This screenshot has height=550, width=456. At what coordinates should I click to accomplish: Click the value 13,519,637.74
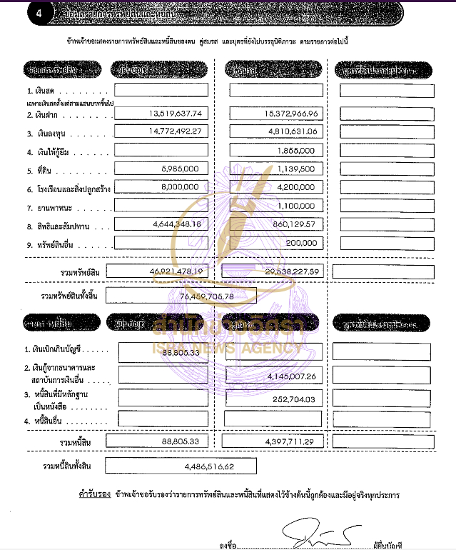[176, 114]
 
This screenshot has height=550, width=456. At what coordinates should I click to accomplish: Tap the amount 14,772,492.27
[176, 131]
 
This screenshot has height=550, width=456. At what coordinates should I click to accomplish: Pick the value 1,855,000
[298, 151]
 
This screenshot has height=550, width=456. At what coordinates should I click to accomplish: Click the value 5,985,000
[185, 169]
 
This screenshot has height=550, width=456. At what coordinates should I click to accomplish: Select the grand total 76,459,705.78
[207, 295]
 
